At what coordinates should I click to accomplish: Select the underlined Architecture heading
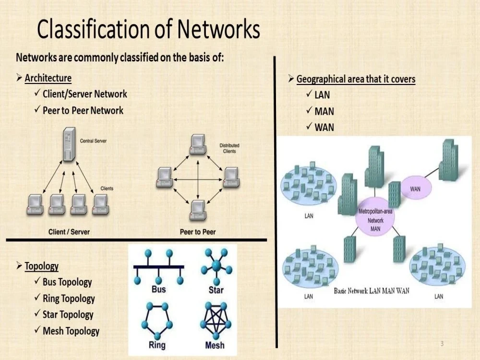(48, 78)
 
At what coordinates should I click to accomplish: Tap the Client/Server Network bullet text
(85, 94)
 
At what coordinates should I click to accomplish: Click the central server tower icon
(69, 144)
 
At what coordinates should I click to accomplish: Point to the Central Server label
(94, 141)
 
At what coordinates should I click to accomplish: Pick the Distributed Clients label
(229, 148)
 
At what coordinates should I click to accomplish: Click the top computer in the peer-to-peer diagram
(197, 144)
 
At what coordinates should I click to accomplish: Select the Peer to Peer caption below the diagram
(198, 232)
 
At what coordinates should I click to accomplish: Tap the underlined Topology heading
(42, 266)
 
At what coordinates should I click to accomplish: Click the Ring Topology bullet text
(69, 299)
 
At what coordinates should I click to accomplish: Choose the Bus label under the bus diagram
(158, 289)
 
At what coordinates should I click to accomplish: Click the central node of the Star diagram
(216, 265)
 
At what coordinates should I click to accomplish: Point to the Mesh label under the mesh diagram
(215, 345)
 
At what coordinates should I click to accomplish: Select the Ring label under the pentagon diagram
(157, 345)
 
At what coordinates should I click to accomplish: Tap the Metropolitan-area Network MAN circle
(375, 217)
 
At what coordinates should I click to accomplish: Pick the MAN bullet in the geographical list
(324, 111)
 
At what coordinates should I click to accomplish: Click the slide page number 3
(442, 344)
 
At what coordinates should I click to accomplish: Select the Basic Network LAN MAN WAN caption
(372, 291)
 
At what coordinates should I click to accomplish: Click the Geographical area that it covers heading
(356, 79)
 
